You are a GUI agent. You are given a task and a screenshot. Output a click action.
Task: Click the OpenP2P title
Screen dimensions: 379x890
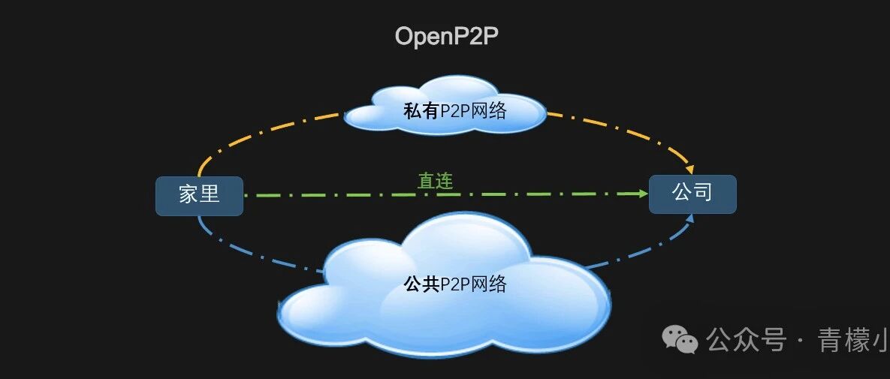point(446,36)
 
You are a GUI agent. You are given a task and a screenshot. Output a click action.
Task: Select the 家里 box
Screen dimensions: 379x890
point(199,195)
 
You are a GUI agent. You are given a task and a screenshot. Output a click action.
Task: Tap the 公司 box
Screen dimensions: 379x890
point(692,194)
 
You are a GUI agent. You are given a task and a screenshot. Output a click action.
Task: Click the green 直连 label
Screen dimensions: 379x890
point(435,181)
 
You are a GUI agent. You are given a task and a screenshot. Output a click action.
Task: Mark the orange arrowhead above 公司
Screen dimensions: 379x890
point(688,167)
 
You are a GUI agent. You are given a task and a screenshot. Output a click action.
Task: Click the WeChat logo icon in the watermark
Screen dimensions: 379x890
point(679,340)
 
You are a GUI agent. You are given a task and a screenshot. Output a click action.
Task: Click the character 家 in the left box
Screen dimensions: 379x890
point(188,195)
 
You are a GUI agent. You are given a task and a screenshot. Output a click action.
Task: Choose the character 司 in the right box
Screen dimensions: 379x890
point(703,194)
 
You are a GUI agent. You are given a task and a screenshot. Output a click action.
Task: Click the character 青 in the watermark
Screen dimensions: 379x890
point(834,340)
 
